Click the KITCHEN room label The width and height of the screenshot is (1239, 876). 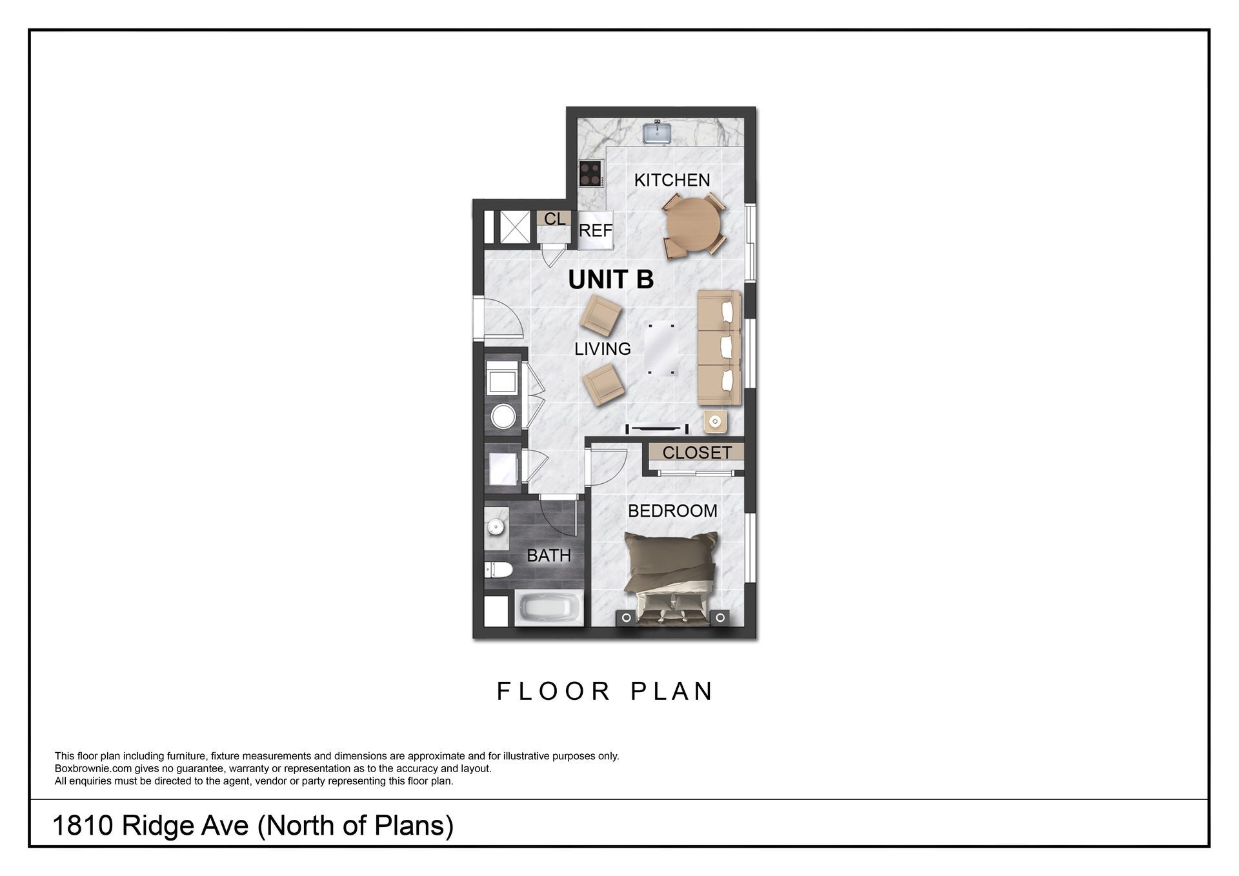point(672,180)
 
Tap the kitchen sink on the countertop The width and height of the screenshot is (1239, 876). point(658,133)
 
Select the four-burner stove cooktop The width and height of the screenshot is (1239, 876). point(590,172)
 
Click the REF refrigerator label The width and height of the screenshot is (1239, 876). point(595,230)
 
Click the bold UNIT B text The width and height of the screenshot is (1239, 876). point(610,279)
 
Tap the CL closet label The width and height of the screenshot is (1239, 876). point(554,219)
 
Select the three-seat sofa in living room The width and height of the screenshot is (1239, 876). point(719,348)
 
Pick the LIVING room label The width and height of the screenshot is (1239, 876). point(602,349)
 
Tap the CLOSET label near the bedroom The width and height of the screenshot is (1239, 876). point(696,453)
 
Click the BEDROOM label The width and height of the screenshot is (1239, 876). point(672,511)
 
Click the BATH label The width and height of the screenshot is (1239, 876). point(549,555)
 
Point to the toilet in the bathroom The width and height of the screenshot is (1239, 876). point(498,570)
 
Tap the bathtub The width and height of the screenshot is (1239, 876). point(549,608)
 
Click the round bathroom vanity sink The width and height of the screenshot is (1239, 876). point(495,528)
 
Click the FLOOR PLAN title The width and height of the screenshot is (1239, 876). point(605,691)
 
